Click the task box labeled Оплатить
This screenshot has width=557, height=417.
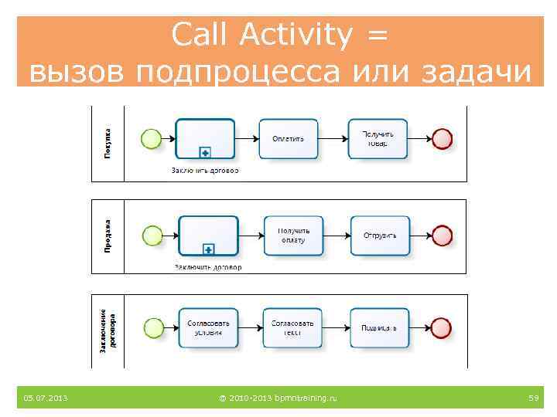(289, 139)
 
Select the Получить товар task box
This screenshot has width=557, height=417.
(378, 139)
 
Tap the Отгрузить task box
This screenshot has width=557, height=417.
(380, 236)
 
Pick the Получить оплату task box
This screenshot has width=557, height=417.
(293, 236)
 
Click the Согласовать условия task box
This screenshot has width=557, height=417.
(208, 327)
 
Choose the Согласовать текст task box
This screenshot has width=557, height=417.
(292, 327)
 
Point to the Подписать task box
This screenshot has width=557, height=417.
(379, 327)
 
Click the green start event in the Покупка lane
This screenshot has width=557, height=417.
(152, 139)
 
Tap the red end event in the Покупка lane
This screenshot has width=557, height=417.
(442, 139)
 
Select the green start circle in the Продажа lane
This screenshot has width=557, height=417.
(153, 236)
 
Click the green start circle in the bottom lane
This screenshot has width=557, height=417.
(153, 327)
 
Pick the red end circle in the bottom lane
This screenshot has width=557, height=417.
(442, 327)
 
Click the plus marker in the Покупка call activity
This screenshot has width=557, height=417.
(205, 152)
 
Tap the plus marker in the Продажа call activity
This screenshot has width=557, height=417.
(208, 249)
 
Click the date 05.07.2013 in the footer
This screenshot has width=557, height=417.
(46, 398)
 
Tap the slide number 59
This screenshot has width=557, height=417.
(533, 398)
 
